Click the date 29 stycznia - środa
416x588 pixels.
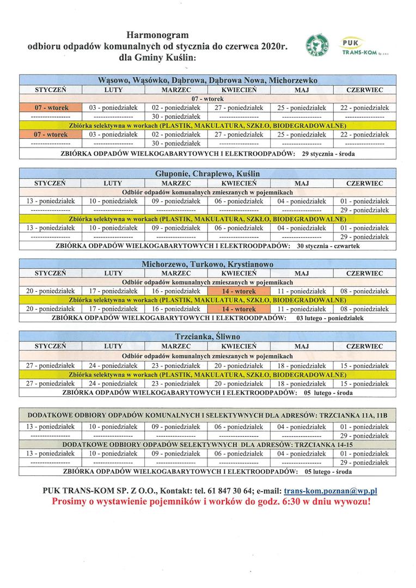coord(328,154)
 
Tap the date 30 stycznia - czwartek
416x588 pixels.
coord(328,246)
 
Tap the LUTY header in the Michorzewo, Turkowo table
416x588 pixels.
coord(113,273)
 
